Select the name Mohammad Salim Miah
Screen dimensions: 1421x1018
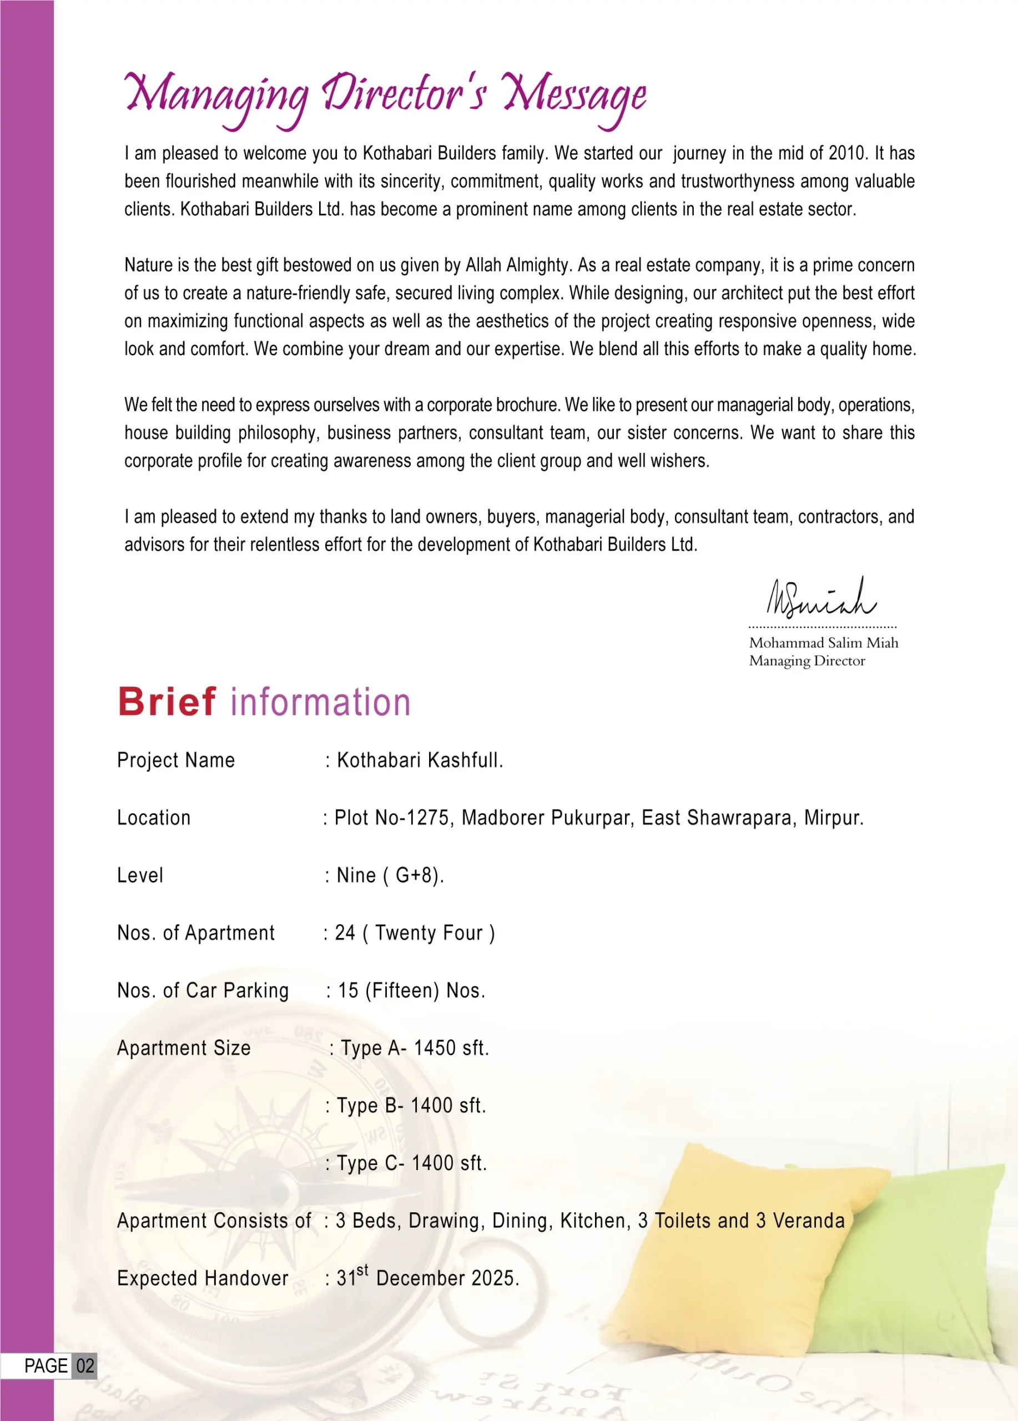tap(823, 643)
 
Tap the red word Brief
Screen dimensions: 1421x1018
tap(167, 702)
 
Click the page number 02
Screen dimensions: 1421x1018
tap(85, 1366)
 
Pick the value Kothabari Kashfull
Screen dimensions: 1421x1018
tap(420, 760)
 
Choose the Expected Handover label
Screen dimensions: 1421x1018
tap(203, 1278)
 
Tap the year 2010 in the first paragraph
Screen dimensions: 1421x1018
tap(848, 154)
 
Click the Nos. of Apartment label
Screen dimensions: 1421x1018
tap(196, 933)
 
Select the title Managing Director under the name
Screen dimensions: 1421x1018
tap(807, 661)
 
